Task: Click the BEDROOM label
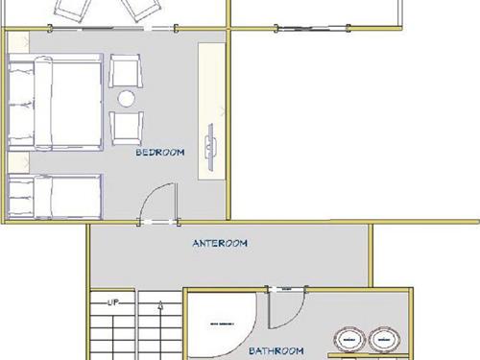[160, 152]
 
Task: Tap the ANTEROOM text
[220, 243]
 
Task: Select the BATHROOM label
[277, 350]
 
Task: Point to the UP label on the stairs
[113, 301]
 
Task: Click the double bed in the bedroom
[54, 104]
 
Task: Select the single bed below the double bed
[54, 197]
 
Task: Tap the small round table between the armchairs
[127, 98]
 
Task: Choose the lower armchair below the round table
[127, 126]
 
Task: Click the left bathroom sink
[350, 338]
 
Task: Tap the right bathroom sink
[385, 338]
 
